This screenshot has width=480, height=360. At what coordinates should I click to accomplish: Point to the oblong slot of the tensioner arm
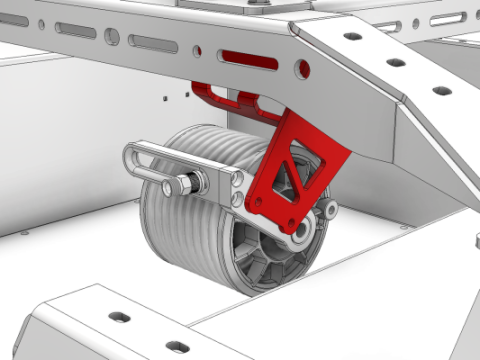(x=160, y=156)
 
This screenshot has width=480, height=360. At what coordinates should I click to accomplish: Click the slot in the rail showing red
(x=250, y=60)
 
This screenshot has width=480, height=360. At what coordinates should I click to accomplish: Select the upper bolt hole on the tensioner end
(x=239, y=179)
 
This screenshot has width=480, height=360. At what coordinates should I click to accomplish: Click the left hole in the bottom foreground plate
(x=119, y=317)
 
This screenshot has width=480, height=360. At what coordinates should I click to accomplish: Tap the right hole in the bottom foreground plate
(x=177, y=347)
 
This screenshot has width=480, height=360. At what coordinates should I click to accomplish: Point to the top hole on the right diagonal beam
(x=353, y=36)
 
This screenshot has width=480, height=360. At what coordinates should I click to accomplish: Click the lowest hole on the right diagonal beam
(x=441, y=91)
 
